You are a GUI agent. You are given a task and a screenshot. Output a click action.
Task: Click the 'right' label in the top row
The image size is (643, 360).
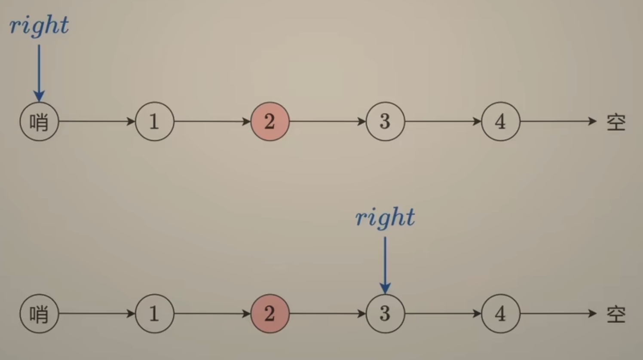click(39, 25)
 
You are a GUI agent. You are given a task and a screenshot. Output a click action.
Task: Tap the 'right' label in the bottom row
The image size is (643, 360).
click(385, 217)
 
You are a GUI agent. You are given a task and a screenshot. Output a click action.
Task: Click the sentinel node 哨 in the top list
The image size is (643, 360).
click(39, 122)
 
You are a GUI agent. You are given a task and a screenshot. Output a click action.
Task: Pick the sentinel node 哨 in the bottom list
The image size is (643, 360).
click(39, 314)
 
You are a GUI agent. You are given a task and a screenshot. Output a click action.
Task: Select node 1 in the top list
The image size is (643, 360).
click(154, 122)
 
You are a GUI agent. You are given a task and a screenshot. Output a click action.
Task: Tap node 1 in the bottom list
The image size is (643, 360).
click(154, 314)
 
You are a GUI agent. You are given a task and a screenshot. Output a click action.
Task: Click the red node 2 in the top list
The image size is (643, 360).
click(270, 122)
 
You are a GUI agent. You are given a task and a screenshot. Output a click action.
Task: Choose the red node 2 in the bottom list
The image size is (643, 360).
click(270, 314)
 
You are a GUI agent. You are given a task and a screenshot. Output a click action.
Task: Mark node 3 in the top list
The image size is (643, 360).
click(385, 122)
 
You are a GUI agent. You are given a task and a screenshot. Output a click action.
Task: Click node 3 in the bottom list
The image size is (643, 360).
click(385, 314)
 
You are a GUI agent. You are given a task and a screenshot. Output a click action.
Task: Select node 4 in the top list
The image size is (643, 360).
click(500, 122)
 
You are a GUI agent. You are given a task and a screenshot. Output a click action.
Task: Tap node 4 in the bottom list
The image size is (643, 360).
click(500, 314)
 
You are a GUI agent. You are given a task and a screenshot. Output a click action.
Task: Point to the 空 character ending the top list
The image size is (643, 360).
click(615, 122)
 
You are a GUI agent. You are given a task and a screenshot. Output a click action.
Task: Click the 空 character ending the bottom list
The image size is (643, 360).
click(615, 314)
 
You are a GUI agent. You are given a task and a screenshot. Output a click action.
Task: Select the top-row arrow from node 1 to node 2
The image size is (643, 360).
click(212, 122)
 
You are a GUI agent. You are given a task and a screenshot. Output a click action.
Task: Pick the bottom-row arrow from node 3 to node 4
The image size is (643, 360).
click(443, 314)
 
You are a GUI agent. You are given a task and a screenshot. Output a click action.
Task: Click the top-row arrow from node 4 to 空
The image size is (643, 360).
click(558, 122)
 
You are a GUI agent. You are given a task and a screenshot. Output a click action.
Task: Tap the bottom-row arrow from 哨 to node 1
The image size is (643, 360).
click(97, 314)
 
